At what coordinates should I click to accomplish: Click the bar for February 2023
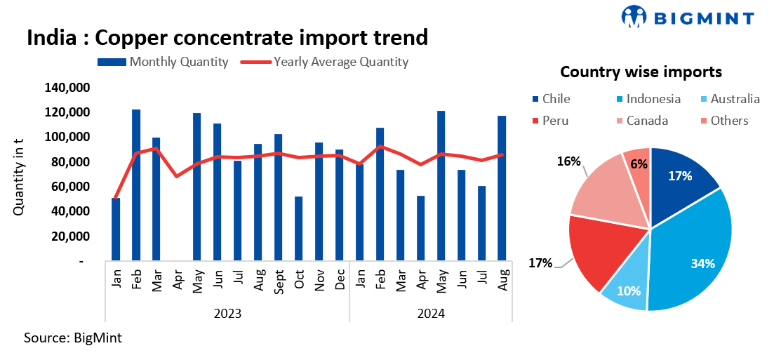click(x=136, y=185)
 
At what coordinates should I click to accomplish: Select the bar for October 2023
click(x=299, y=229)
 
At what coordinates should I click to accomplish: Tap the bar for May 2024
click(x=441, y=186)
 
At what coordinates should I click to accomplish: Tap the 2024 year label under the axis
click(x=430, y=314)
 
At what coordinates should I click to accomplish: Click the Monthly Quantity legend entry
click(x=164, y=62)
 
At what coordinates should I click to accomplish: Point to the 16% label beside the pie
click(x=568, y=161)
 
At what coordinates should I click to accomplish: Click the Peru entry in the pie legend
click(x=551, y=121)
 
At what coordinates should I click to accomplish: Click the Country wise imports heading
click(x=641, y=72)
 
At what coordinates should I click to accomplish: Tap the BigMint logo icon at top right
click(x=634, y=17)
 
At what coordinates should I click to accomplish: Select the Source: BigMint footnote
click(x=72, y=338)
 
